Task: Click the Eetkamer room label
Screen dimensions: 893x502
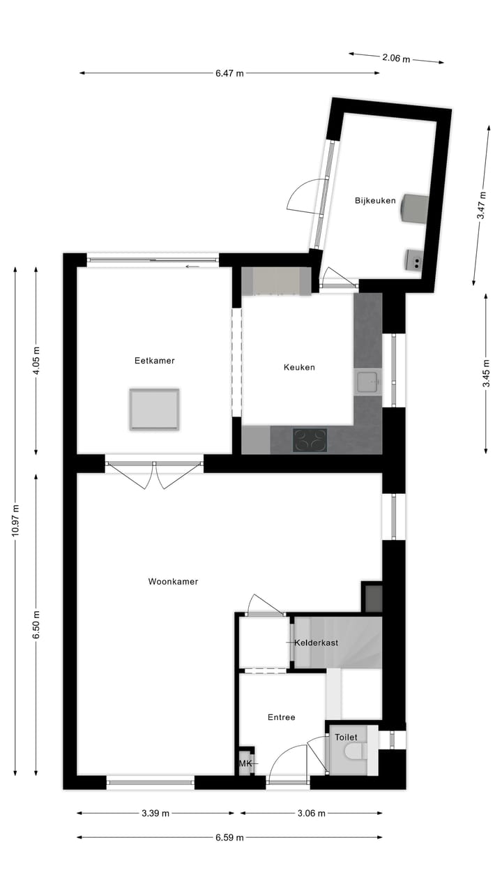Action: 154,361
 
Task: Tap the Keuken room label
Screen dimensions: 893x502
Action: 299,367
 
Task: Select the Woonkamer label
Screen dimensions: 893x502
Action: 173,581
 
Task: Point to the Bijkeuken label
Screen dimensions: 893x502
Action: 375,201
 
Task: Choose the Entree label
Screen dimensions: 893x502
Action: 282,717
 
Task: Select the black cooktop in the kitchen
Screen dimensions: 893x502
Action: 310,440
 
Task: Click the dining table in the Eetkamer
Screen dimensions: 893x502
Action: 154,409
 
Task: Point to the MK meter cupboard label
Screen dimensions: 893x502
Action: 245,764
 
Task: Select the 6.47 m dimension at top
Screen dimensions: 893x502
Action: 229,73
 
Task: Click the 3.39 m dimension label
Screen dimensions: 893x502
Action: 155,813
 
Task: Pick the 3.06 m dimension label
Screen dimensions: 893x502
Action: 312,813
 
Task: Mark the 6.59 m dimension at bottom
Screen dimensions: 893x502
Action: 229,837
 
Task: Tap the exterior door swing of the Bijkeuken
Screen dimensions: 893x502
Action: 305,195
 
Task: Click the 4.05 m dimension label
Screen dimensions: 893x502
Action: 36,361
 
